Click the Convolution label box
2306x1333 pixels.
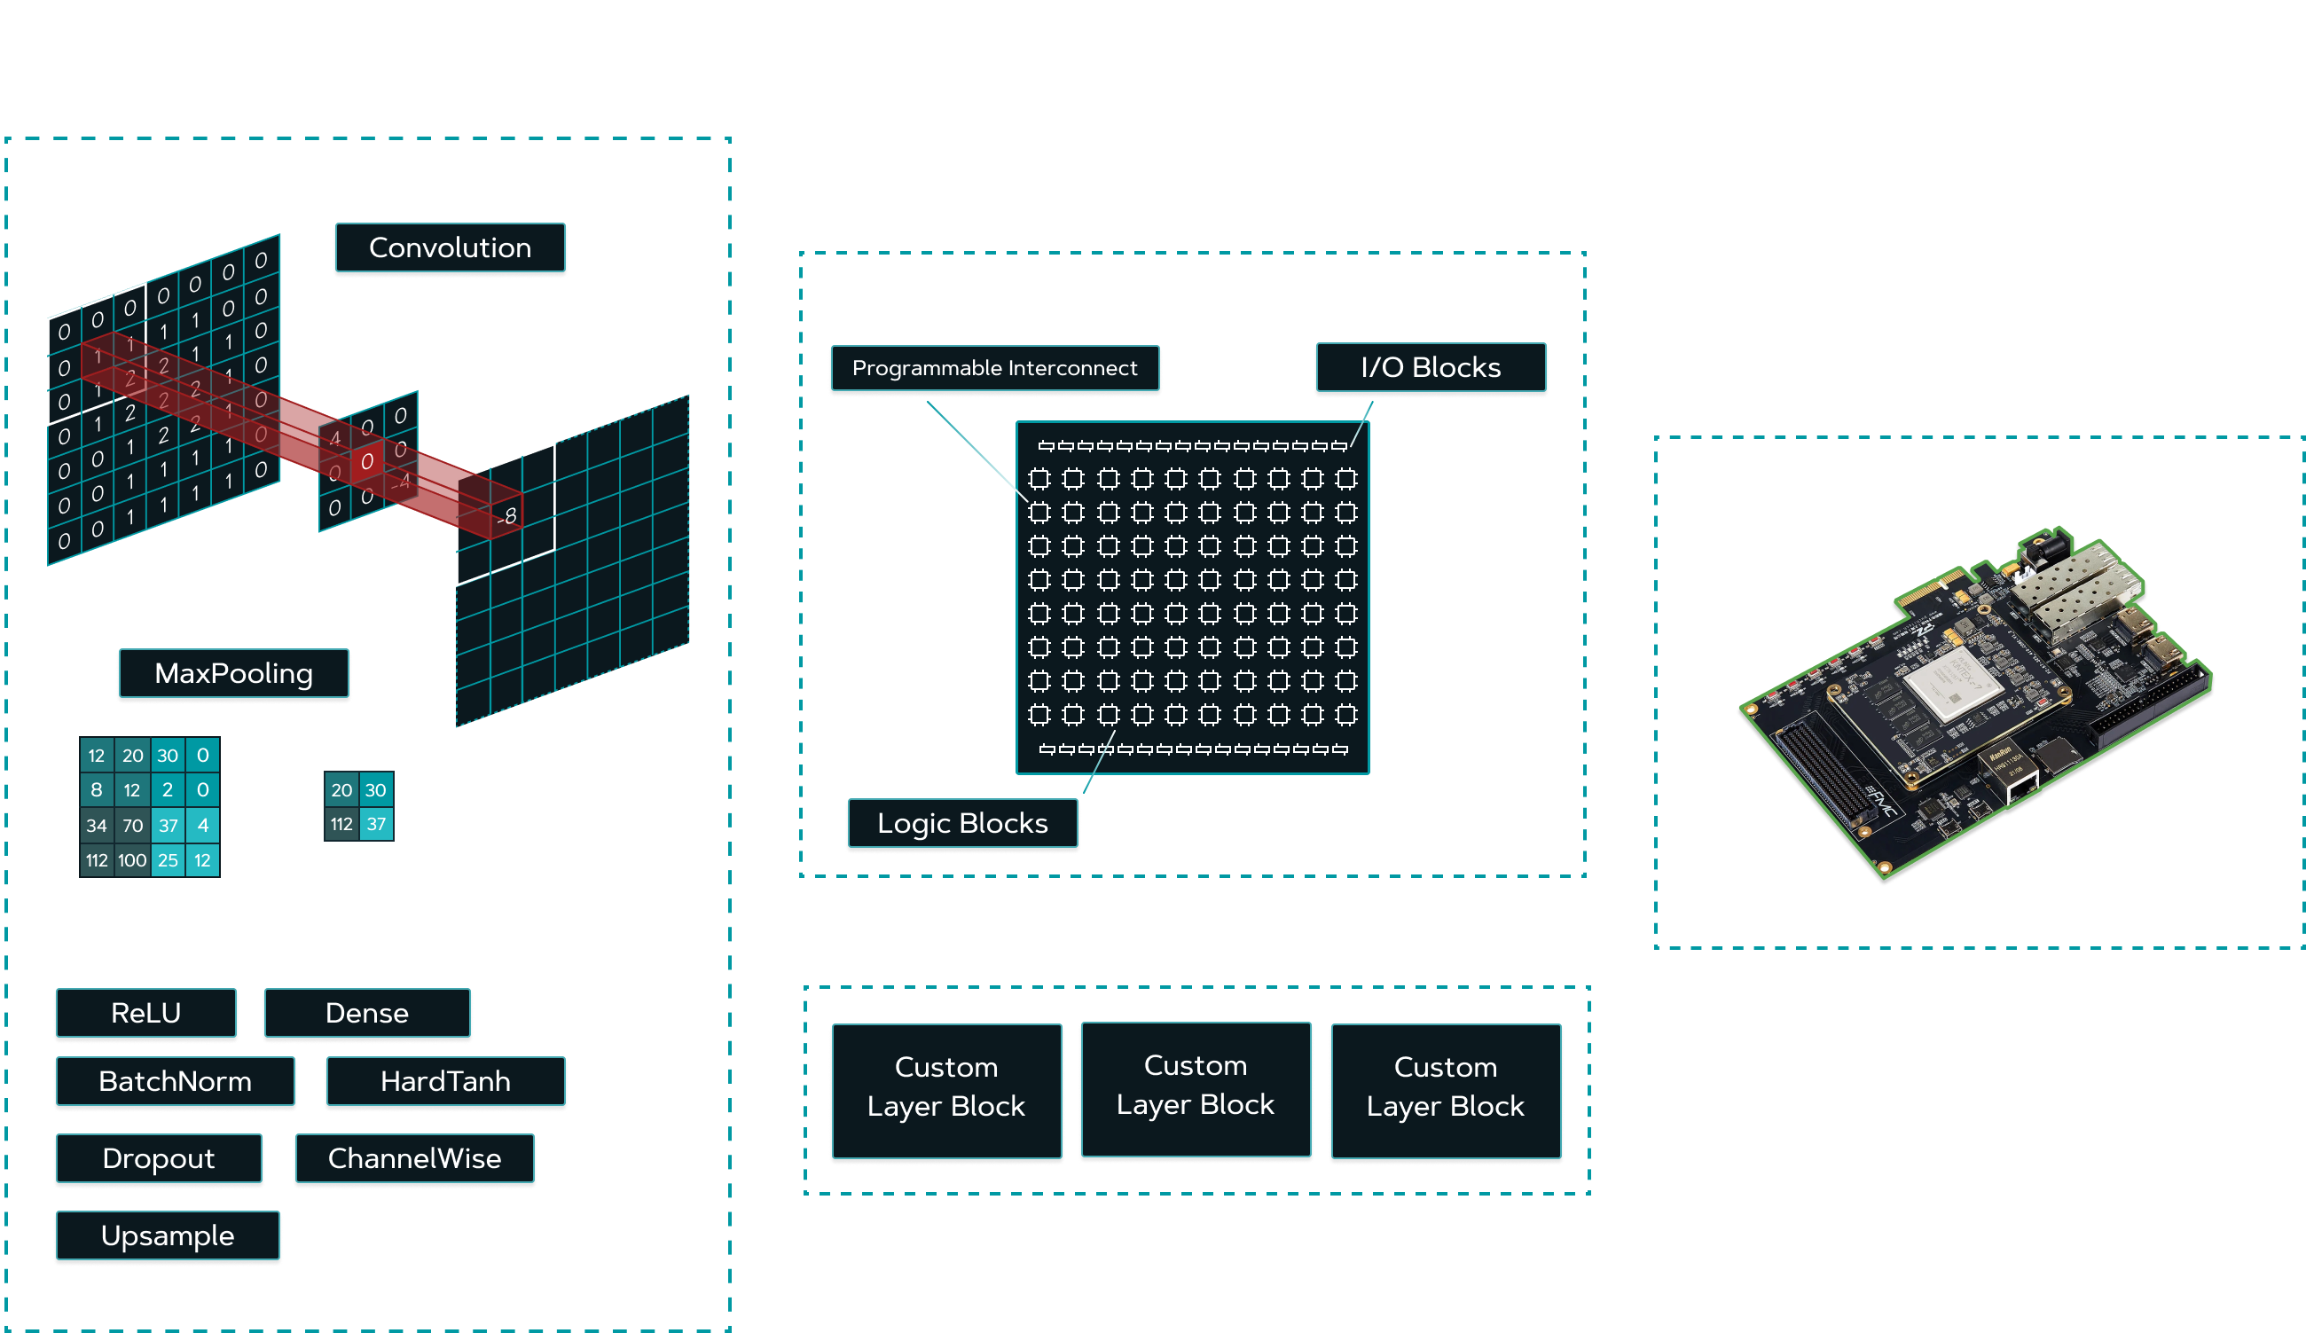click(x=450, y=249)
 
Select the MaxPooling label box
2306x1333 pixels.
click(x=233, y=674)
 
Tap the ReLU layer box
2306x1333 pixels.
click(x=146, y=1014)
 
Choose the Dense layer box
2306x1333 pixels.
click(x=367, y=1014)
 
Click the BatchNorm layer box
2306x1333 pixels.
click(x=175, y=1082)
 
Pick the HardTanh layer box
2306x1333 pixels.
click(x=445, y=1082)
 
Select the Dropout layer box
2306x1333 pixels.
click(x=158, y=1159)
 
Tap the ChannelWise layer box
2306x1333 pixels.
click(x=414, y=1159)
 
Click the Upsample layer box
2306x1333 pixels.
click(x=168, y=1236)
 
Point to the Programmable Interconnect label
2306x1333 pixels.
click(x=995, y=369)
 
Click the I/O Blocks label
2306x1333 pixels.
click(x=1431, y=368)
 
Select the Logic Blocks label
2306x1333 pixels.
click(x=961, y=824)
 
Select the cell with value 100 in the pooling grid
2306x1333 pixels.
click(x=132, y=861)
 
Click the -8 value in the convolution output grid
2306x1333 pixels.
click(x=508, y=516)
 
